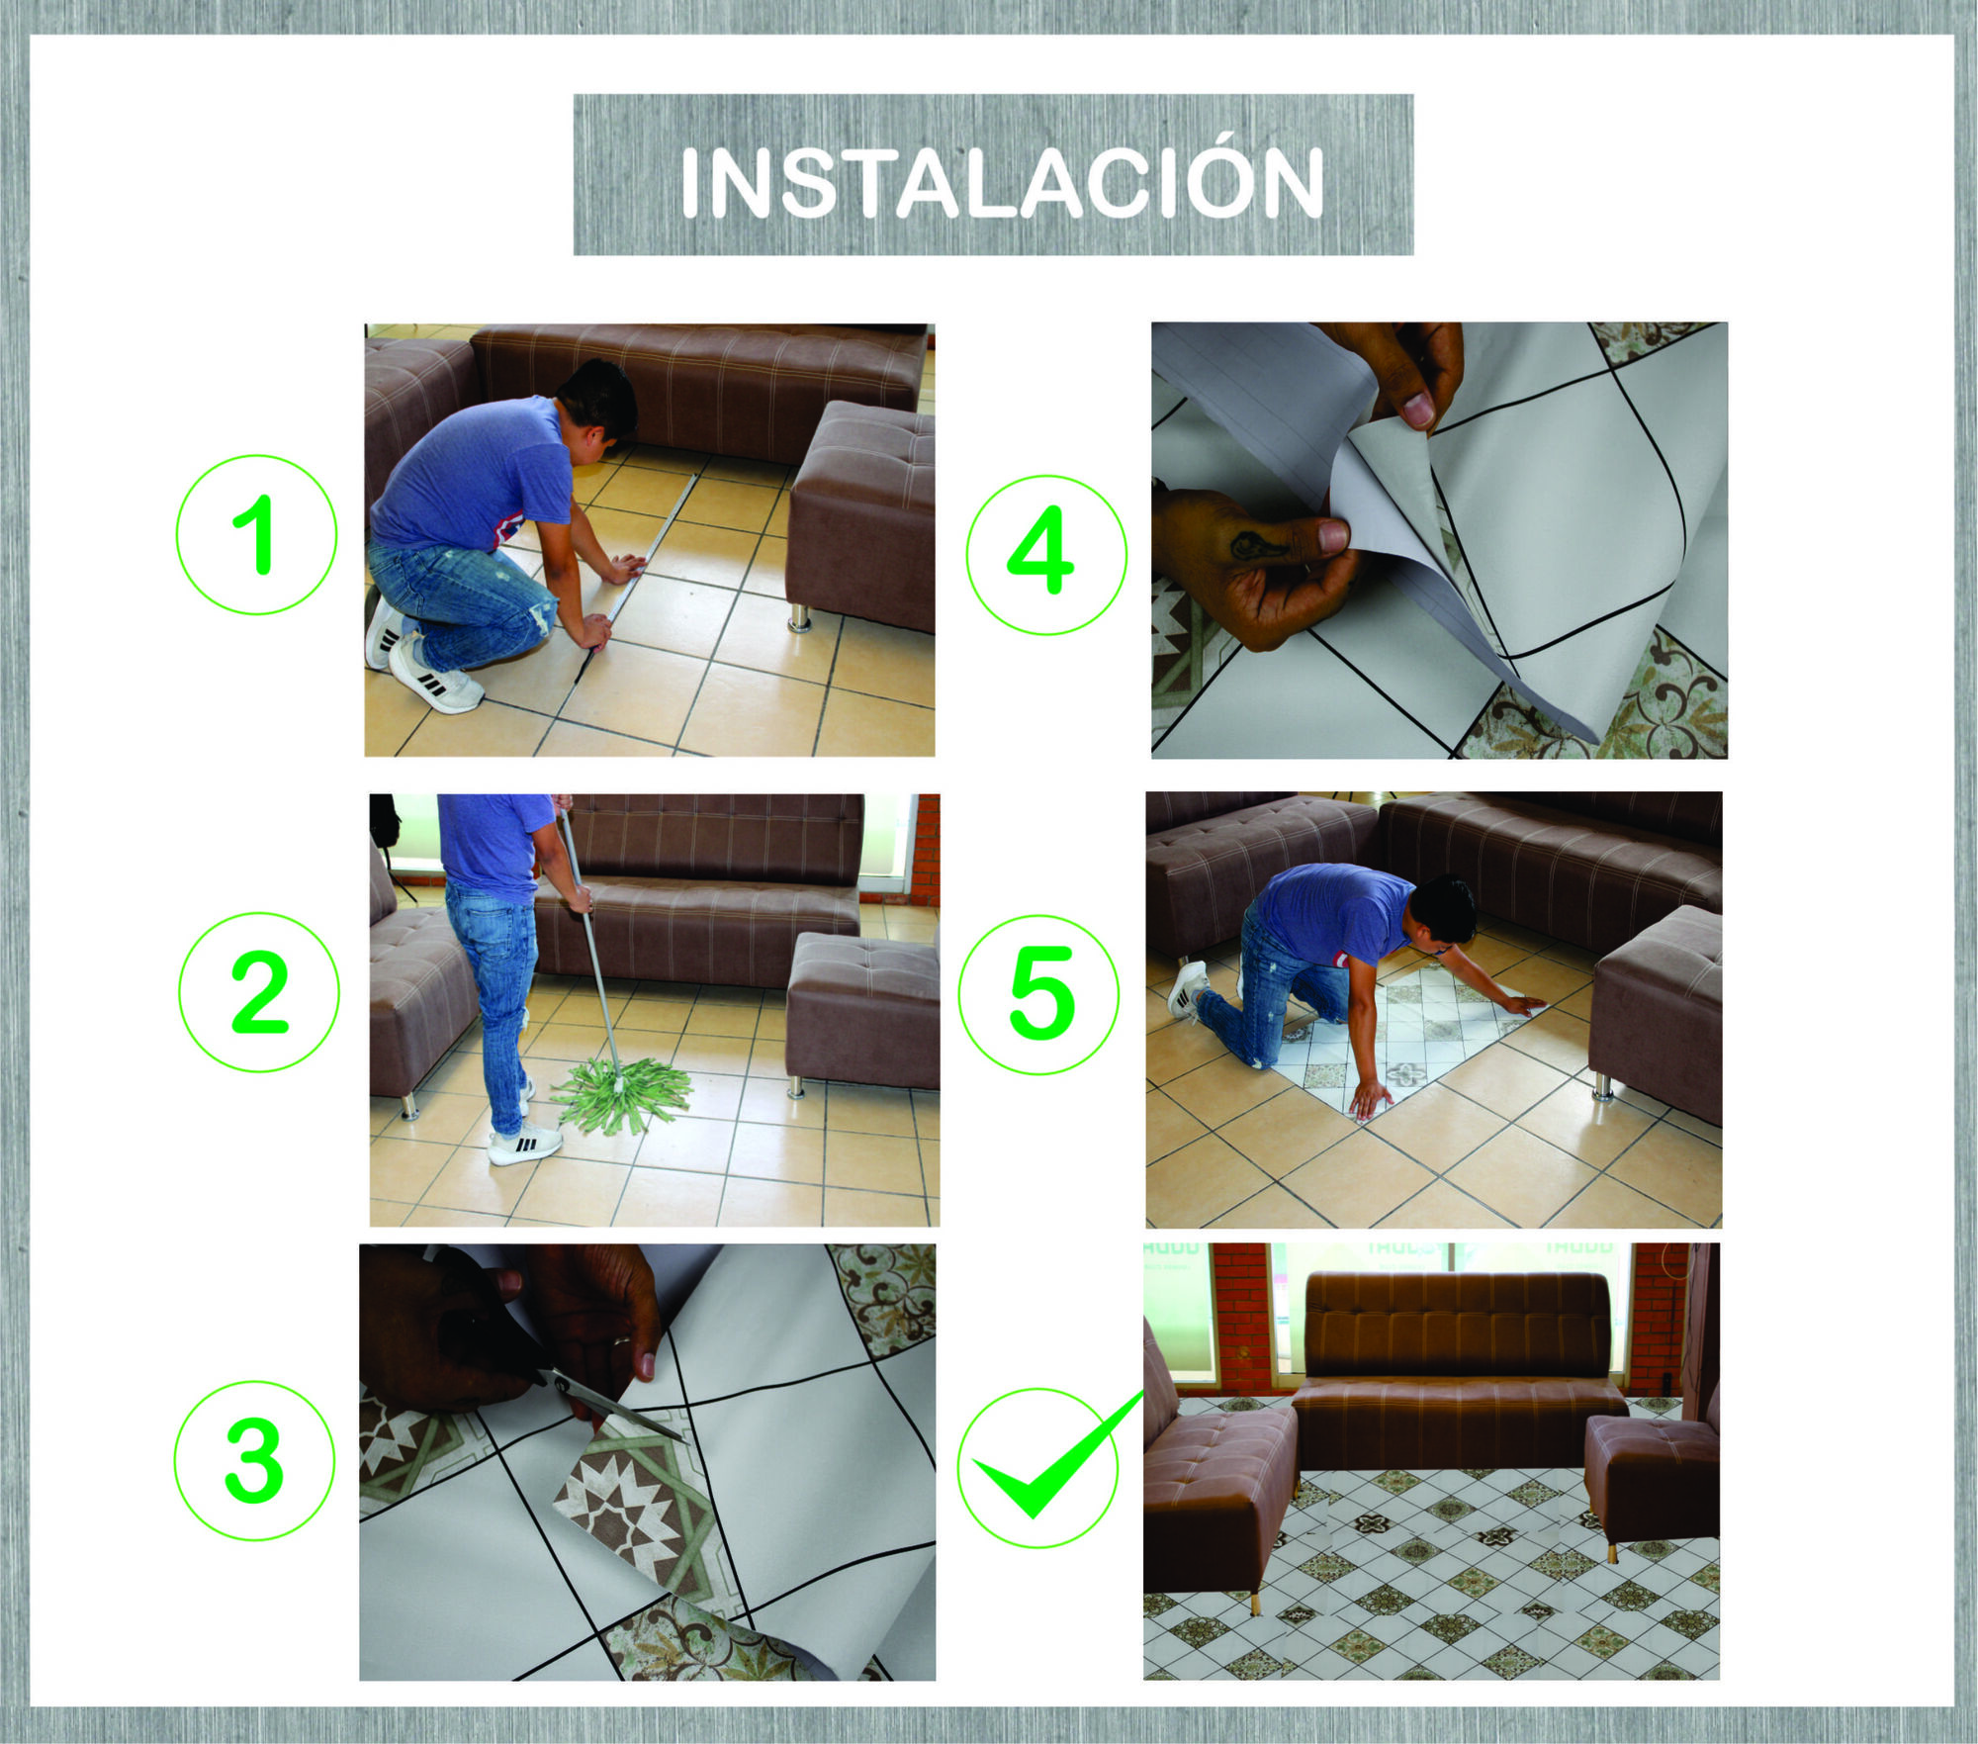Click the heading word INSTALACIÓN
[x=1001, y=184]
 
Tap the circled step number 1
[x=257, y=535]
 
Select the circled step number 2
[x=259, y=993]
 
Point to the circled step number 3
[x=254, y=1461]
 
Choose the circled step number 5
[x=1039, y=994]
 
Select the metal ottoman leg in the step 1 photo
[x=799, y=618]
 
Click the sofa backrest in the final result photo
[x=1456, y=1326]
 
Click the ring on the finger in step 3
[x=619, y=1342]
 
